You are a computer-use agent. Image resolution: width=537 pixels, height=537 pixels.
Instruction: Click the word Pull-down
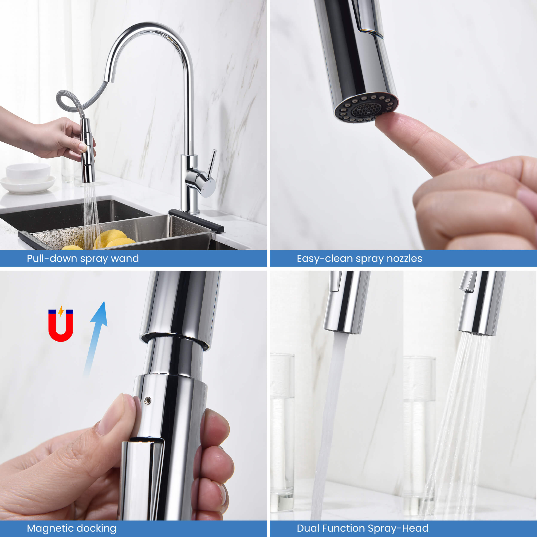click(52, 258)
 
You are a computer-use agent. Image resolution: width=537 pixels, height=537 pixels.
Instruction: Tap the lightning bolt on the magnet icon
click(61, 311)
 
